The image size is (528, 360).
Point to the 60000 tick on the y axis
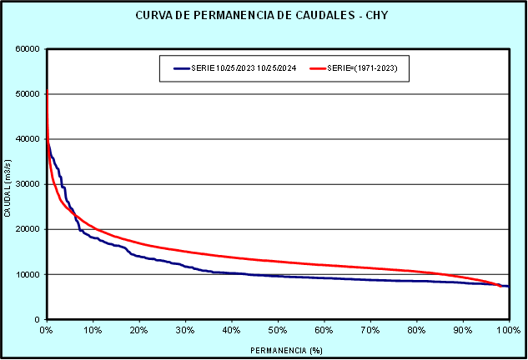tap(28, 49)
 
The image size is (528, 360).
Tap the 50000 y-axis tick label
tap(28, 94)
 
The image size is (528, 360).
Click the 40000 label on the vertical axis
tap(28, 139)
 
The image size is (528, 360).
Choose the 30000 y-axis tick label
tap(28, 184)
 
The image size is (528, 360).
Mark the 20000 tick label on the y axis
tap(28, 229)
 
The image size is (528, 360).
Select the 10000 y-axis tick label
tap(28, 274)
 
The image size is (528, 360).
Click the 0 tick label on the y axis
tap(38, 319)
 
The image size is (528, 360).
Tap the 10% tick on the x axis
tap(93, 330)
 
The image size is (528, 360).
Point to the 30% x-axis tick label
tap(185, 330)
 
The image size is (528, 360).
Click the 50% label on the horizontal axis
tap(278, 330)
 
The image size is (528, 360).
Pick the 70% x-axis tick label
tap(370, 330)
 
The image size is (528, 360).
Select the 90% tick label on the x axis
tap(462, 330)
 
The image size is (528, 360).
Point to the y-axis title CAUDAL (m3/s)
tap(8, 184)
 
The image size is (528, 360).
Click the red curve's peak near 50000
tap(47, 90)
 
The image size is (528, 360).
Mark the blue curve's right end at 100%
tap(508, 286)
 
